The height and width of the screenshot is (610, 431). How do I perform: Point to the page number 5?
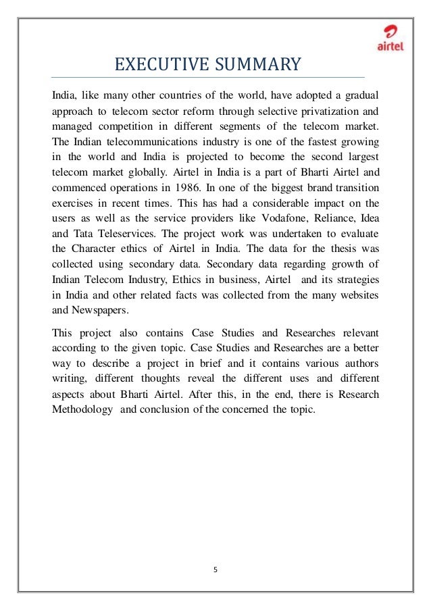[x=215, y=569]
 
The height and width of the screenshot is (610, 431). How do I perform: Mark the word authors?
[x=357, y=363]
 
